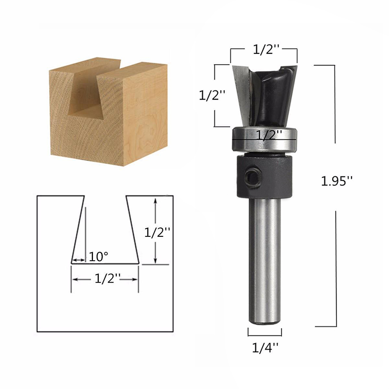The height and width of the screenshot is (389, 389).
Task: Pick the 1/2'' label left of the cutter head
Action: click(x=212, y=95)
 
